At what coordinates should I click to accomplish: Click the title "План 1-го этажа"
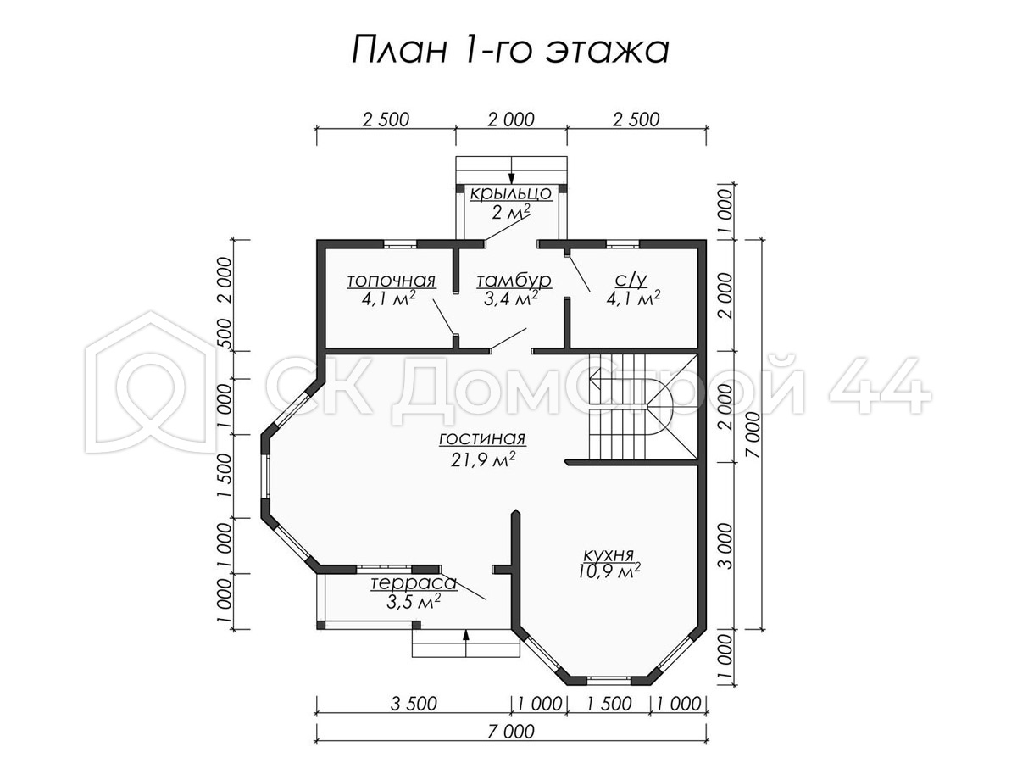pos(510,50)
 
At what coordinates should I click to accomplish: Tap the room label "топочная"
pos(391,281)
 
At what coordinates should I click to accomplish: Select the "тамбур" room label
pos(514,281)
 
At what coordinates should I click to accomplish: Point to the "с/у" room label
pos(631,280)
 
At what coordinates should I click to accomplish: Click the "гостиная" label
pos(482,438)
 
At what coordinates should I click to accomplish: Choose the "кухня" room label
pos(608,554)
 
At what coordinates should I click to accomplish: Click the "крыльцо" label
pos(511,193)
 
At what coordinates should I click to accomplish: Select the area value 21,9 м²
pos(483,459)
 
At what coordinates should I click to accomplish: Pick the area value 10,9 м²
pos(609,571)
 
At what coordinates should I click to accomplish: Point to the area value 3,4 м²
pos(510,298)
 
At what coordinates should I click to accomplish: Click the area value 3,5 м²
pos(413,602)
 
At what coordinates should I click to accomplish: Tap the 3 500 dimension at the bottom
pos(414,705)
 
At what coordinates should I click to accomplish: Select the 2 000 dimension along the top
pos(511,120)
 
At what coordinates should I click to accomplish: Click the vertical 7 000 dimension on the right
pos(753,435)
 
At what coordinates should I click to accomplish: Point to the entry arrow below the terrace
pos(465,643)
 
